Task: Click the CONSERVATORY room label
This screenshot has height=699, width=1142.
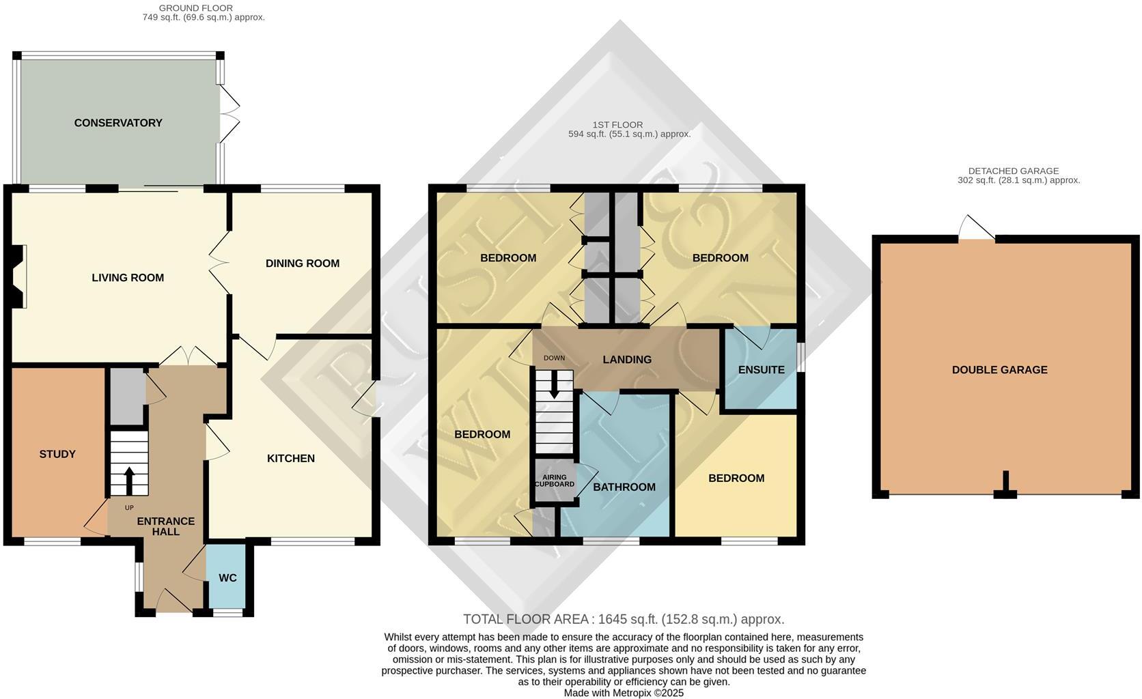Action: pos(118,123)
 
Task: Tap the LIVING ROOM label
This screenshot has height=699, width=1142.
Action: pos(128,278)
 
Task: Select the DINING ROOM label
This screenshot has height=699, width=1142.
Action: pos(302,263)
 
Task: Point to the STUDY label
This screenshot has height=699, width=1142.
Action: pos(57,454)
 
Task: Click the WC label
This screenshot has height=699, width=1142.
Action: pos(227,578)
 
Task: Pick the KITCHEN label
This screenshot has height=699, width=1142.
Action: pos(291,458)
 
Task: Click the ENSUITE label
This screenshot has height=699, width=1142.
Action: pos(761,370)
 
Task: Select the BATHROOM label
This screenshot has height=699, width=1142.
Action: pos(624,487)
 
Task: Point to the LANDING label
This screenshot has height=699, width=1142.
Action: pos(627,360)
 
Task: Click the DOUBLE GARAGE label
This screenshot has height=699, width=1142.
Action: pos(999,370)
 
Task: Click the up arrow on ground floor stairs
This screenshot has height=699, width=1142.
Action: pos(129,478)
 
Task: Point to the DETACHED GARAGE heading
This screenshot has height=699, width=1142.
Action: pos(1013,171)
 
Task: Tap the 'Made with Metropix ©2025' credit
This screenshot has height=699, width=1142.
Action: pos(623,692)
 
